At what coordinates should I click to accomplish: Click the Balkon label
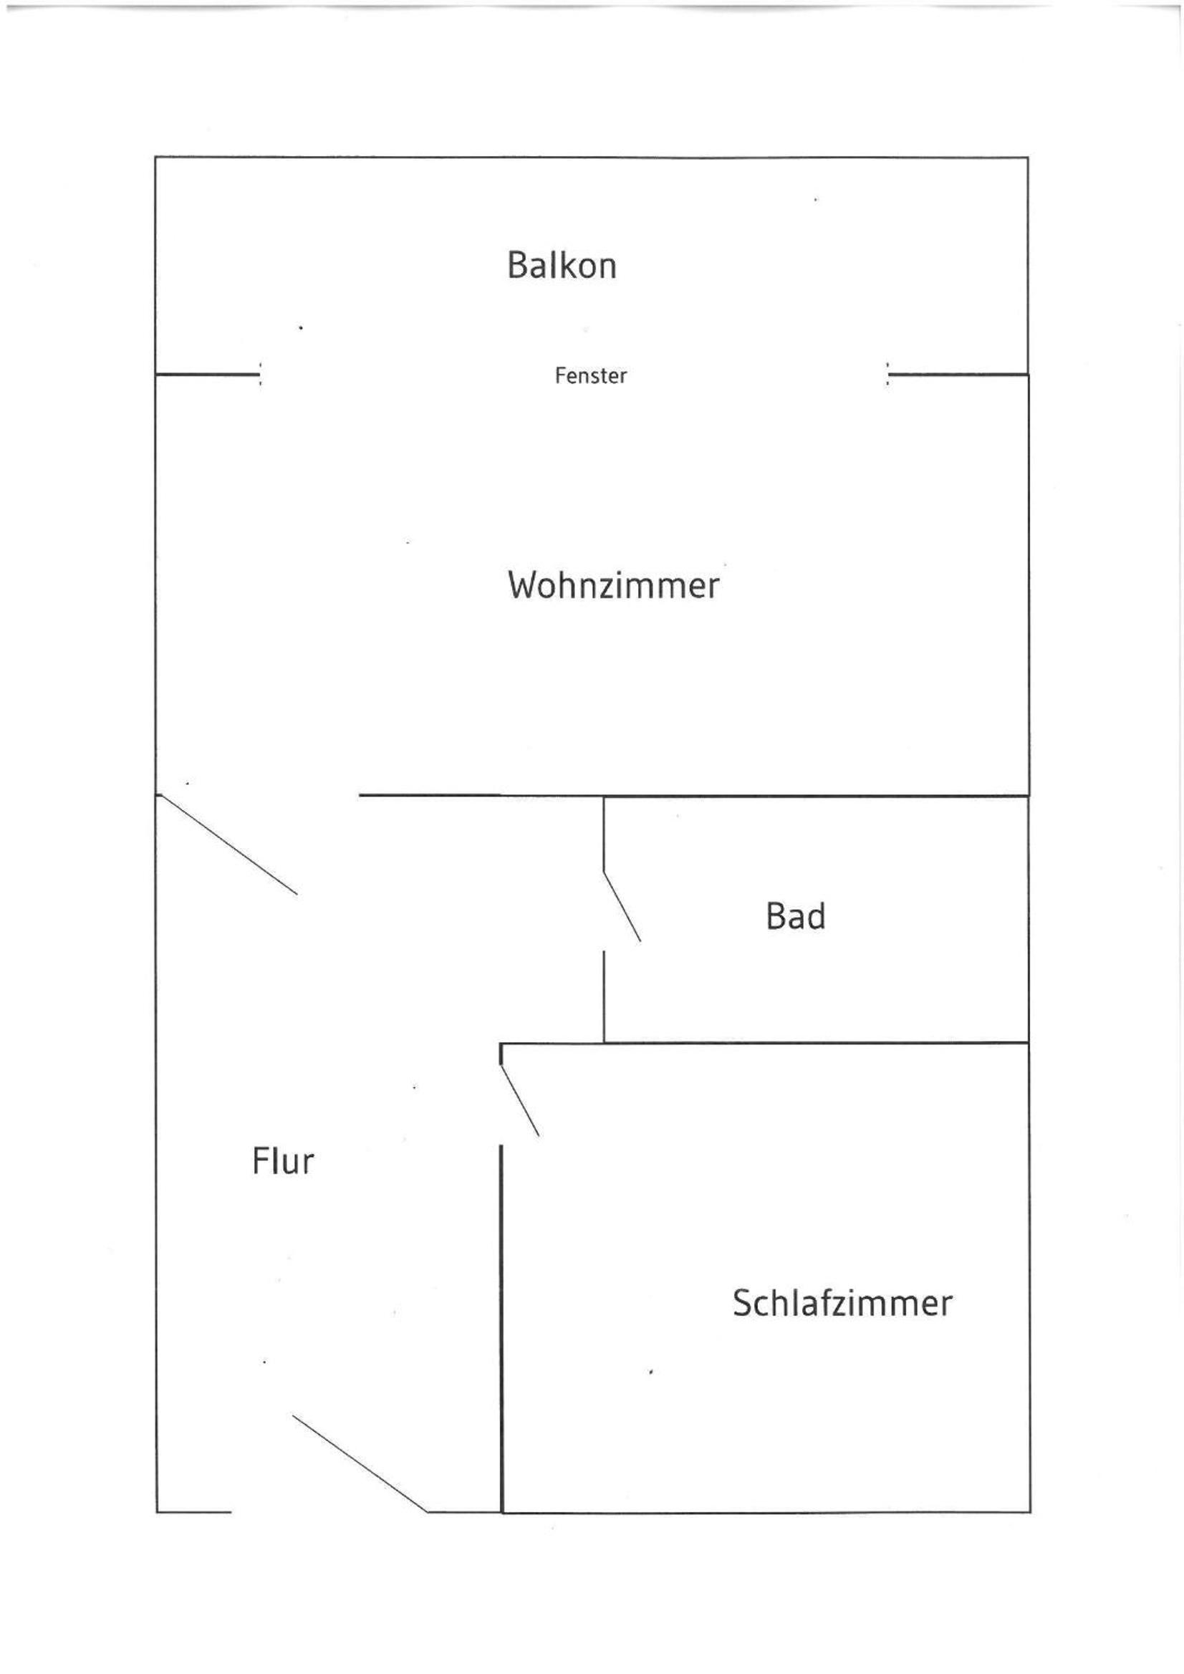point(562,265)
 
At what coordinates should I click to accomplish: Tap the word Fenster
point(590,375)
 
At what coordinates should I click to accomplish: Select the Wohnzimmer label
point(613,585)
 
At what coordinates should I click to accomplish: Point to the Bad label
point(795,916)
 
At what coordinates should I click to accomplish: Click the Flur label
point(283,1161)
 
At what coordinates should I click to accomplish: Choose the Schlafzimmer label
point(842,1303)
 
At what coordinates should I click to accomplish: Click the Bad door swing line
point(622,906)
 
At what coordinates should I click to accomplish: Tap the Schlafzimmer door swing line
point(520,1101)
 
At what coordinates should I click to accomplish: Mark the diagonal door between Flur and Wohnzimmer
point(228,845)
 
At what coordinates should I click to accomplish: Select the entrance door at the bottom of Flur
point(360,1464)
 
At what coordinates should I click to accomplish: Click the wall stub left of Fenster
point(208,375)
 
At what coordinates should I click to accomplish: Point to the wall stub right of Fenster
point(958,375)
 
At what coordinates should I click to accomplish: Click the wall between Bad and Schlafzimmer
point(765,1044)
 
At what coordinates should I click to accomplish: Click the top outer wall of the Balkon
point(592,158)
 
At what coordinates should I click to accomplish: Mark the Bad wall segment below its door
point(604,996)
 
